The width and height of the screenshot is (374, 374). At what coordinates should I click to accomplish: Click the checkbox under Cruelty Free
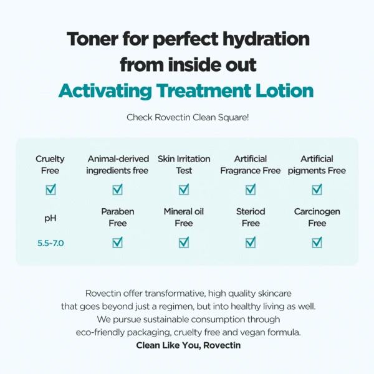pos(50,189)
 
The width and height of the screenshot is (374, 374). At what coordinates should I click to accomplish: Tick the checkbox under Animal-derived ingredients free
pos(117,189)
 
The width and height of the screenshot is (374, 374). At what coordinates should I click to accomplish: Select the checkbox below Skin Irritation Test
pos(184,189)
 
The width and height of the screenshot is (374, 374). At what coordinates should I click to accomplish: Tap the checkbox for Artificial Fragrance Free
pos(251,189)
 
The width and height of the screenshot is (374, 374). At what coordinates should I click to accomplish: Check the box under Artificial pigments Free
pos(317,189)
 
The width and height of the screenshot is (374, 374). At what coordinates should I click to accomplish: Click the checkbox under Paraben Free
pos(117,242)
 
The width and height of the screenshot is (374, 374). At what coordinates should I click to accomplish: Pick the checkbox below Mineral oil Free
pos(184,242)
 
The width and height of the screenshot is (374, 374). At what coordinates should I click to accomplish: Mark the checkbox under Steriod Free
pos(251,242)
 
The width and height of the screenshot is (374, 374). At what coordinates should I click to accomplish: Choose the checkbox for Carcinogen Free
pos(317,242)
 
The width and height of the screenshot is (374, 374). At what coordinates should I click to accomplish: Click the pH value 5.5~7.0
pos(50,242)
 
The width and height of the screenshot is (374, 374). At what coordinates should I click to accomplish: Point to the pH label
pos(50,218)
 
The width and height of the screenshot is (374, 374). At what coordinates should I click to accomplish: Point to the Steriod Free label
pos(251,218)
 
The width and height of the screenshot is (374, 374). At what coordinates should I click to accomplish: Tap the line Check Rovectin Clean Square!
pos(188,117)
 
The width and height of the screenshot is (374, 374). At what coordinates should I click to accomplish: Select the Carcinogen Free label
pos(317,218)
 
